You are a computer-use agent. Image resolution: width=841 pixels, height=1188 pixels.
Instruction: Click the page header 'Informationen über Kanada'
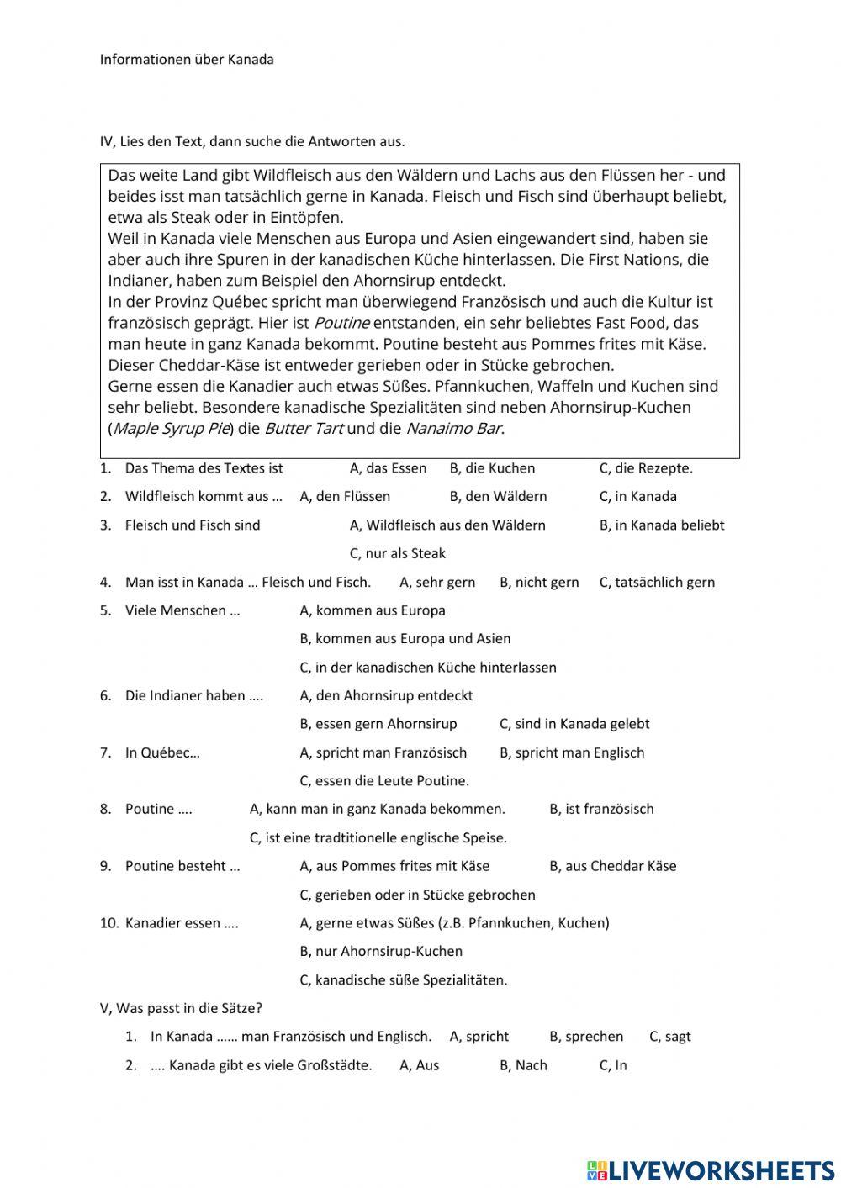pos(187,60)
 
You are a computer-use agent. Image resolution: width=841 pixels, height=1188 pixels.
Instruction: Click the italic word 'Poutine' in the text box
pos(341,323)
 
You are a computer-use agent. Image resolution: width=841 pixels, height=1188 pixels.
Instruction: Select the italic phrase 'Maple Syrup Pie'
pos(172,429)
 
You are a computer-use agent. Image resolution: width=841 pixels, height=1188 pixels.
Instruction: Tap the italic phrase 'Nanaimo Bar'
pos(454,429)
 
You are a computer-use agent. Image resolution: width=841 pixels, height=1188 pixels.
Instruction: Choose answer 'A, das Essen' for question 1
pos(388,468)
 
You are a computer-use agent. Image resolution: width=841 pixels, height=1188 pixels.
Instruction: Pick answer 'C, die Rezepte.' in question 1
pos(646,468)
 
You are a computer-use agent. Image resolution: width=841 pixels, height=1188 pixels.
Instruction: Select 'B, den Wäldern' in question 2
pos(498,497)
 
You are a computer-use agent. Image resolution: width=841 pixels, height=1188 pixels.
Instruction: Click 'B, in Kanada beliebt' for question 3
pos(661,525)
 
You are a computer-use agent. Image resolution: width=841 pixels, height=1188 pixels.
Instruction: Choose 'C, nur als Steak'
pos(397,554)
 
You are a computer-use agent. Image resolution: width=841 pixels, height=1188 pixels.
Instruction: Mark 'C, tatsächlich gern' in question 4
pos(657,583)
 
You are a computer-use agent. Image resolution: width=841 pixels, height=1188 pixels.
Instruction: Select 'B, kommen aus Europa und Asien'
pos(405,639)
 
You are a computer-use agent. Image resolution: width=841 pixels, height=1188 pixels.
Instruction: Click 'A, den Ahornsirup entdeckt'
pos(386,696)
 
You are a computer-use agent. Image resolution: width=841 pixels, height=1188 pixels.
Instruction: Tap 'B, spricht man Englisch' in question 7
pos(572,752)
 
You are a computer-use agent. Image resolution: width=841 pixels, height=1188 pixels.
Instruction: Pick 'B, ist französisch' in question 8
pos(601,810)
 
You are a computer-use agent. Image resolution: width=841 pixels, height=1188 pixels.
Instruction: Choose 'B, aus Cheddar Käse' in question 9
pos(612,866)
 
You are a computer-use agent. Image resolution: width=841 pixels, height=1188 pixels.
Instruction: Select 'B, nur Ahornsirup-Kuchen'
pos(381,952)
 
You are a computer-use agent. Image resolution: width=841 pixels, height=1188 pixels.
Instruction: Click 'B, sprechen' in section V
pos(586,1037)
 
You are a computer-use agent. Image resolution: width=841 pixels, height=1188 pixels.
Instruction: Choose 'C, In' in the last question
pos(613,1065)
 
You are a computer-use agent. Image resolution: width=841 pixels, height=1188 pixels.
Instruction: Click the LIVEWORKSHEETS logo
pos(711,1170)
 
